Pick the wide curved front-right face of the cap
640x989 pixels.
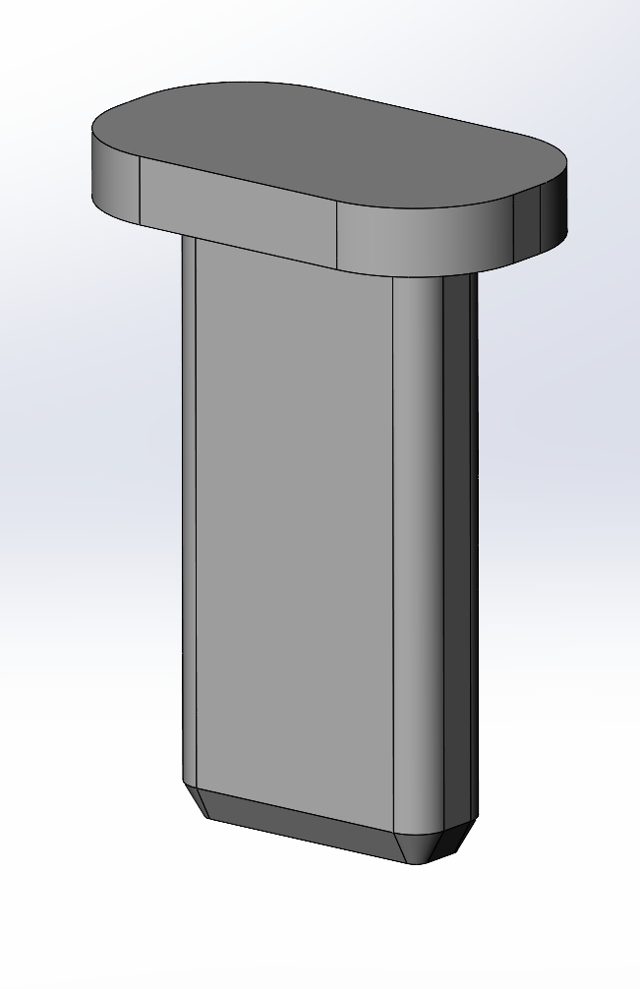(423, 236)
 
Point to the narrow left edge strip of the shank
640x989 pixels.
(189, 511)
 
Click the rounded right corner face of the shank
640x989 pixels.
(418, 551)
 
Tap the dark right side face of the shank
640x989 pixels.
(460, 551)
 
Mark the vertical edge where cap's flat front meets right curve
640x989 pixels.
(337, 234)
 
